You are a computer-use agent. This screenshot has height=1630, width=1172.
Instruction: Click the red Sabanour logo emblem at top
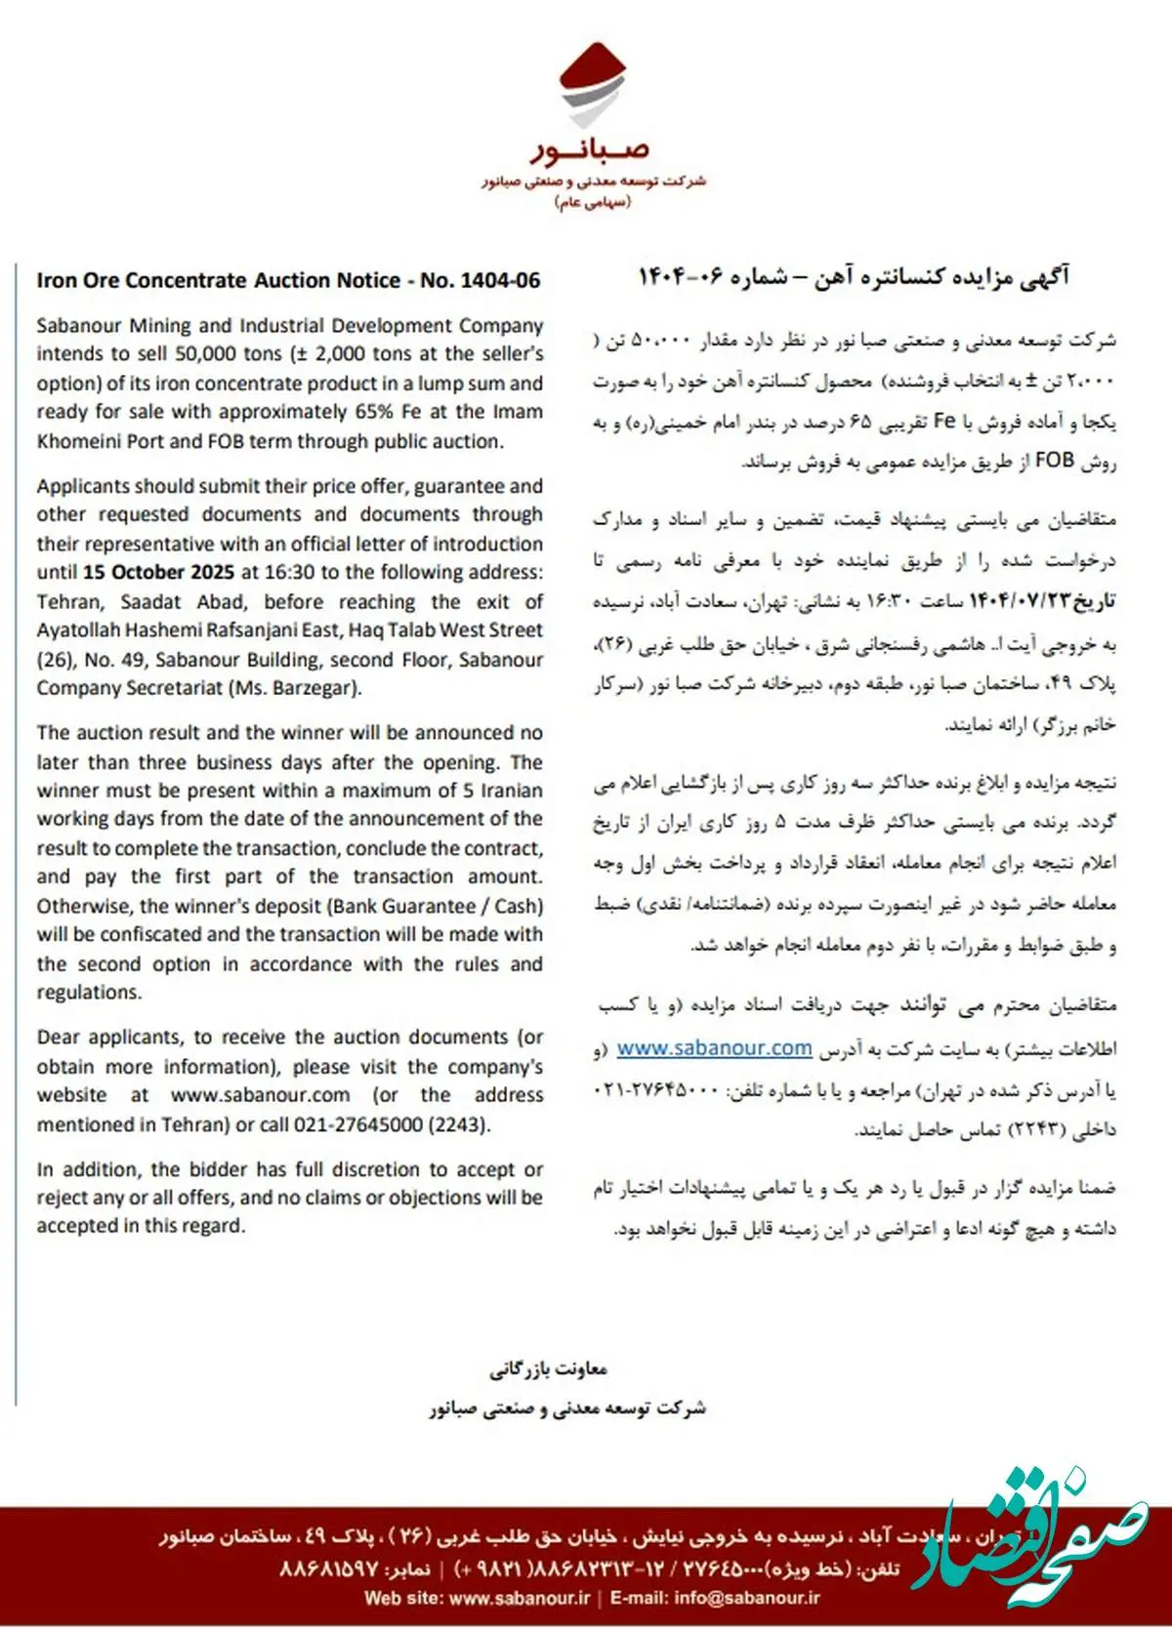593,85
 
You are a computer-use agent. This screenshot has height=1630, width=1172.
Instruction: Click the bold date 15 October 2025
158,573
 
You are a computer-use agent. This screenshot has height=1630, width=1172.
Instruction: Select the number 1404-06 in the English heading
500,281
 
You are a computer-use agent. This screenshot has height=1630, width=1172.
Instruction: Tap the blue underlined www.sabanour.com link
714,1048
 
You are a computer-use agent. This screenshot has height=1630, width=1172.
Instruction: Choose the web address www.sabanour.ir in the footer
520,1598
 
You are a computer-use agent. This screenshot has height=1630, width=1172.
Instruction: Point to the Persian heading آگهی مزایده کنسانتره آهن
938,277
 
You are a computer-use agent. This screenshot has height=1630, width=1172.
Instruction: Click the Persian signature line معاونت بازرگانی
548,1369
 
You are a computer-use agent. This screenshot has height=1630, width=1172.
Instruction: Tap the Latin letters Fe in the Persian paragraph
944,421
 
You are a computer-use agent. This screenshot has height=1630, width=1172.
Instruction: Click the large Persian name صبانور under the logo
591,149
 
